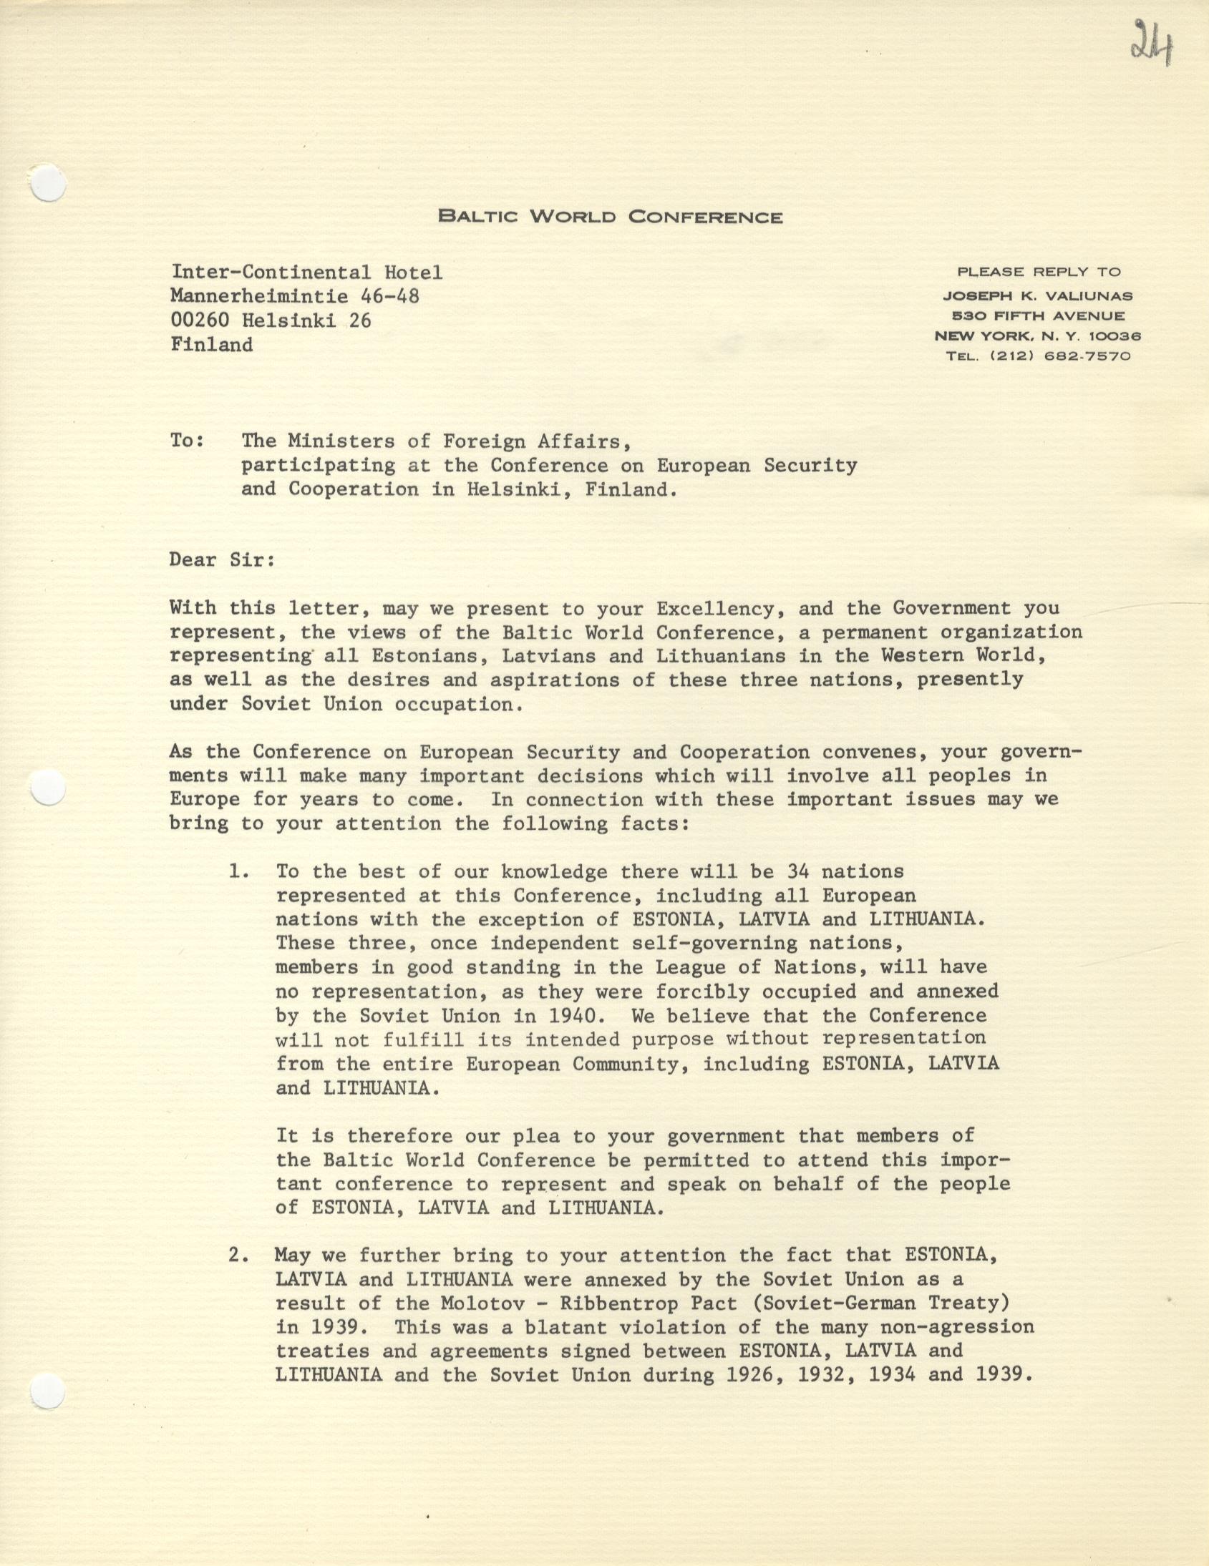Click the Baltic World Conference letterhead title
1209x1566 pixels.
coord(610,217)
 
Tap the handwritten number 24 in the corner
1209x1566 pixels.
coord(1151,42)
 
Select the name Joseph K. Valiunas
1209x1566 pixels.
coord(1037,295)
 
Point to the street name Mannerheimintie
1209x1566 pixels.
coord(257,296)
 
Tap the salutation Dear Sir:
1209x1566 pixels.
coord(223,560)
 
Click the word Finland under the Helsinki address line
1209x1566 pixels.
coord(212,345)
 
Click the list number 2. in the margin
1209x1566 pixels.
coord(239,1256)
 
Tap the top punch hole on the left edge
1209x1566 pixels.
coord(49,184)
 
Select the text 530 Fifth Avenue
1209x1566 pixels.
coord(1037,315)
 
